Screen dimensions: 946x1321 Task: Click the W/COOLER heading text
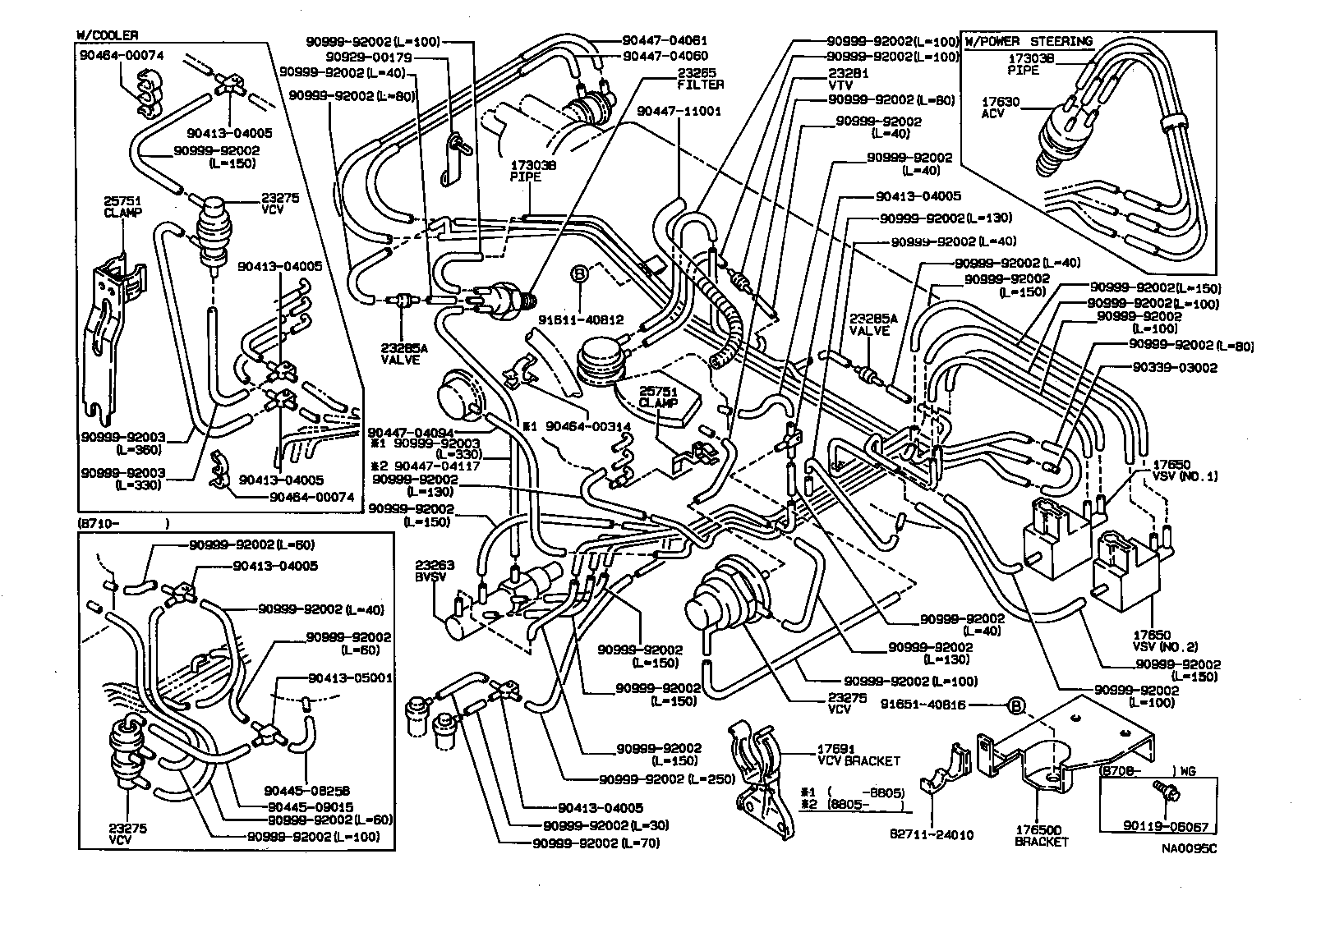pos(107,34)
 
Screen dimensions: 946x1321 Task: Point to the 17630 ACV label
pos(1001,108)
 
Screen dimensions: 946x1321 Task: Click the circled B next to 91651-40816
pos(1015,705)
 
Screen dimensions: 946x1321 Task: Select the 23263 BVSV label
pos(435,571)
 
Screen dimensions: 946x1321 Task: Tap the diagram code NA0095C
pos(1189,849)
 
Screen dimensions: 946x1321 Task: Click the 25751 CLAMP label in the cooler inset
pos(123,205)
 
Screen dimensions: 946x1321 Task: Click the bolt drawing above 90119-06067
pos(1166,792)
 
